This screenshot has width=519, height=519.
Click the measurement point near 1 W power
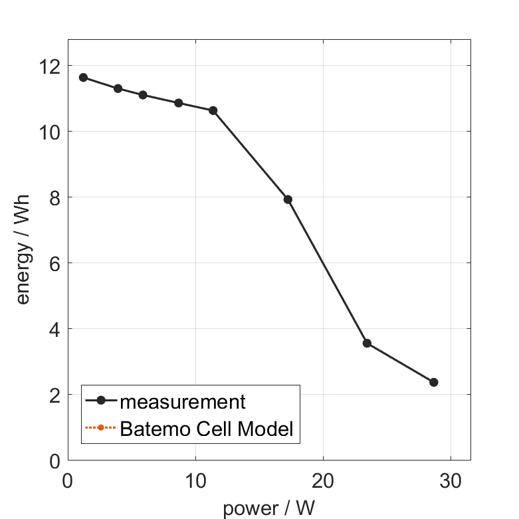pyautogui.click(x=83, y=77)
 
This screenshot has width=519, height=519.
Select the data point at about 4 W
pyautogui.click(x=118, y=88)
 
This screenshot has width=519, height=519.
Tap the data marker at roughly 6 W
pyautogui.click(x=143, y=95)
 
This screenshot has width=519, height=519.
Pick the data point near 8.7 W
pyautogui.click(x=178, y=103)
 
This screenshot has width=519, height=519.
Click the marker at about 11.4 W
pyautogui.click(x=213, y=110)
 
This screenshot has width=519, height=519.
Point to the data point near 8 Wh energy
pyautogui.click(x=288, y=199)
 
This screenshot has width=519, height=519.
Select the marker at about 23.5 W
pyautogui.click(x=367, y=343)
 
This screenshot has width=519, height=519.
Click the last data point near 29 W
pyautogui.click(x=434, y=382)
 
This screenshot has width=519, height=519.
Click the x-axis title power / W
pyautogui.click(x=268, y=508)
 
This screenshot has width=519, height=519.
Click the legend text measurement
pyautogui.click(x=183, y=401)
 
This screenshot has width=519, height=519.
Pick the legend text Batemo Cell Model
pyautogui.click(x=207, y=429)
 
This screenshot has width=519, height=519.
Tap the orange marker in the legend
pyautogui.click(x=100, y=427)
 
